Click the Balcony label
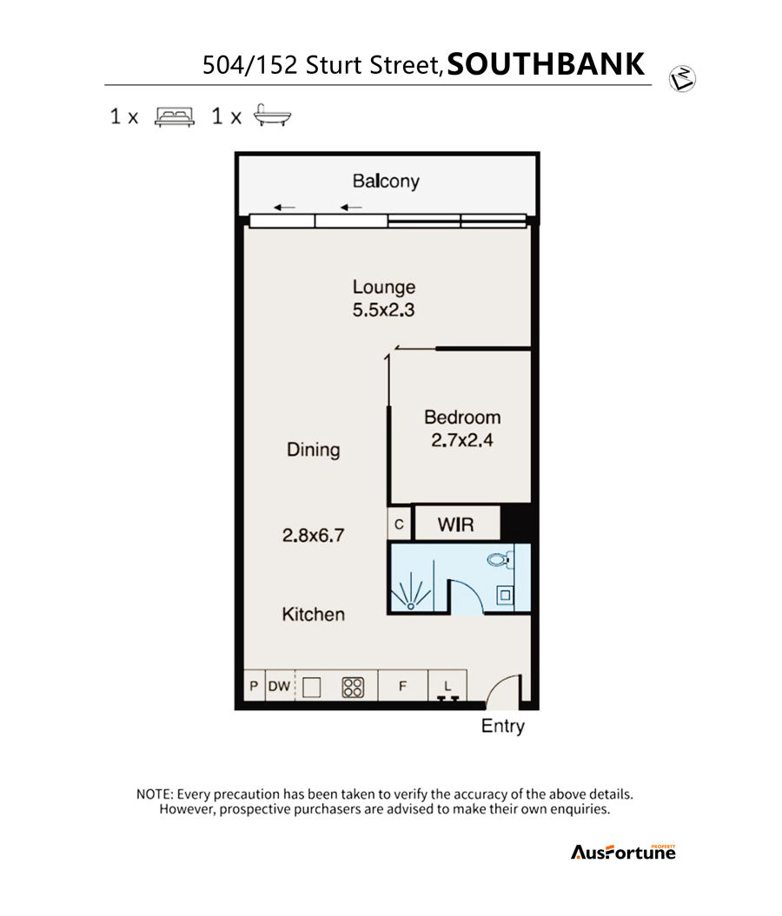[386, 181]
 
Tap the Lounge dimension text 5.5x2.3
[383, 310]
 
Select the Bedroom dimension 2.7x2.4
[461, 440]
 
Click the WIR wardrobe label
[456, 524]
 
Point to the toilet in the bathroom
[499, 559]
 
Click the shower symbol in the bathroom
[411, 592]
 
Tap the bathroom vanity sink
[505, 596]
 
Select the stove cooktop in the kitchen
[353, 687]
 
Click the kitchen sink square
[312, 687]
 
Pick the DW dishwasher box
[280, 686]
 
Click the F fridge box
[403, 686]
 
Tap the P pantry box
[255, 686]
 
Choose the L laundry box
[447, 686]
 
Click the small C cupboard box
[399, 524]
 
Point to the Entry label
[502, 726]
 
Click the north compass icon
[682, 79]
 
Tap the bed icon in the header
[174, 116]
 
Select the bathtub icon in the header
[272, 115]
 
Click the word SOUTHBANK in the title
[546, 63]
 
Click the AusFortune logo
[623, 853]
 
